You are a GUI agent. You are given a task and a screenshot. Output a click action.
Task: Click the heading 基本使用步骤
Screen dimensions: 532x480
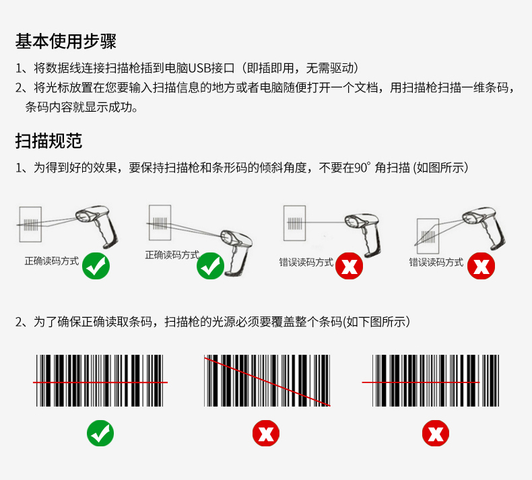pos(66,42)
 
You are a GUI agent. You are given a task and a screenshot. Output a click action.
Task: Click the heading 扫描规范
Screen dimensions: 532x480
pos(48,141)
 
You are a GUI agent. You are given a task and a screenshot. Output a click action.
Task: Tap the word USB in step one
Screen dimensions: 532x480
pos(200,68)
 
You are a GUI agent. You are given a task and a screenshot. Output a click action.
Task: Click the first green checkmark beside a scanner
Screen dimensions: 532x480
pos(96,267)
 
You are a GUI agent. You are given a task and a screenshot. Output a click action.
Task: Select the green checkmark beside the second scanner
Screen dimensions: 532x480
pos(210,266)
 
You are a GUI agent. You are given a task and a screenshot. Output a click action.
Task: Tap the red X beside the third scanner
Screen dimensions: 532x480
pos(349,266)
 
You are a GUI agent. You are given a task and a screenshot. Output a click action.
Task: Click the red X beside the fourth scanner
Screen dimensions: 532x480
pos(481,266)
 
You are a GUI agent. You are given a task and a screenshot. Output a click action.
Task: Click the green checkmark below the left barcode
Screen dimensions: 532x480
pos(100,432)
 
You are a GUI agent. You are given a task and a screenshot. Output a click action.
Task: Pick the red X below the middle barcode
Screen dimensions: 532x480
pos(266,432)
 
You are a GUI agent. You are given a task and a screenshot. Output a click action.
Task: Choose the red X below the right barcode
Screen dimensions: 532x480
pos(436,432)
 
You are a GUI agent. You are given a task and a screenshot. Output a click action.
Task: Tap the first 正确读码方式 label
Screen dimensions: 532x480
pos(52,261)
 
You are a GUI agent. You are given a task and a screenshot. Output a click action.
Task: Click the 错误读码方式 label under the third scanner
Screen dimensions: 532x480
pos(306,262)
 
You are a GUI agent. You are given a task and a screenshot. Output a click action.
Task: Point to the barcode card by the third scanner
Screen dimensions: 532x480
pos(295,224)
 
